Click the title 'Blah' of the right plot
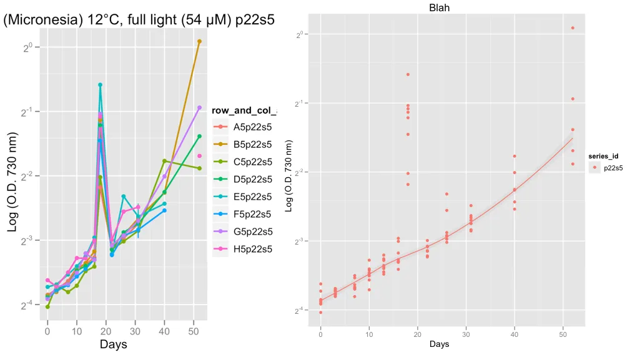coord(439,8)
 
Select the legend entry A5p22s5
coord(252,127)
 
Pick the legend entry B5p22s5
coord(252,144)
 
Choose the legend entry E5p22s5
coord(252,197)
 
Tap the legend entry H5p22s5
coord(252,249)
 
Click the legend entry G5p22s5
coord(252,231)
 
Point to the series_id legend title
coord(603,155)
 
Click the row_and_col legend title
coord(244,110)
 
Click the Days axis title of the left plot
coord(114,344)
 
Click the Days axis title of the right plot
coord(439,344)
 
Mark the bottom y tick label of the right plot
coord(300,310)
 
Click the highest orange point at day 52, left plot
coord(199,41)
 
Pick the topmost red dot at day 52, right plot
coord(573,28)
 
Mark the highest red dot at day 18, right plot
coord(408,74)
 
